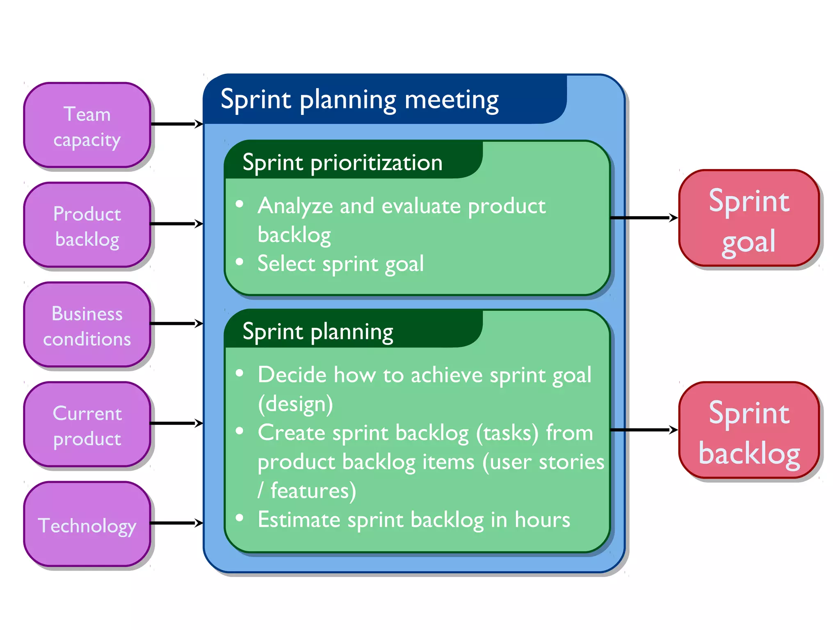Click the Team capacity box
point(87,126)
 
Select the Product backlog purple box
point(87,225)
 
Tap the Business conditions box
point(87,325)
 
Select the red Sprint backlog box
point(749,431)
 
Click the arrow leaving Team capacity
point(176,124)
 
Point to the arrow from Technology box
point(176,523)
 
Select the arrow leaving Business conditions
point(176,324)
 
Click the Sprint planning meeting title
point(359,100)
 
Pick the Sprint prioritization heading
point(342,163)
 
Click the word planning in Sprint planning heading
point(352,332)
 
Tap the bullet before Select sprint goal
point(240,262)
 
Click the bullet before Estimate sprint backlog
point(240,518)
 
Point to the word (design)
point(295,404)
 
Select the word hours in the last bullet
point(542,520)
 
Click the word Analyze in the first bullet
point(295,206)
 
